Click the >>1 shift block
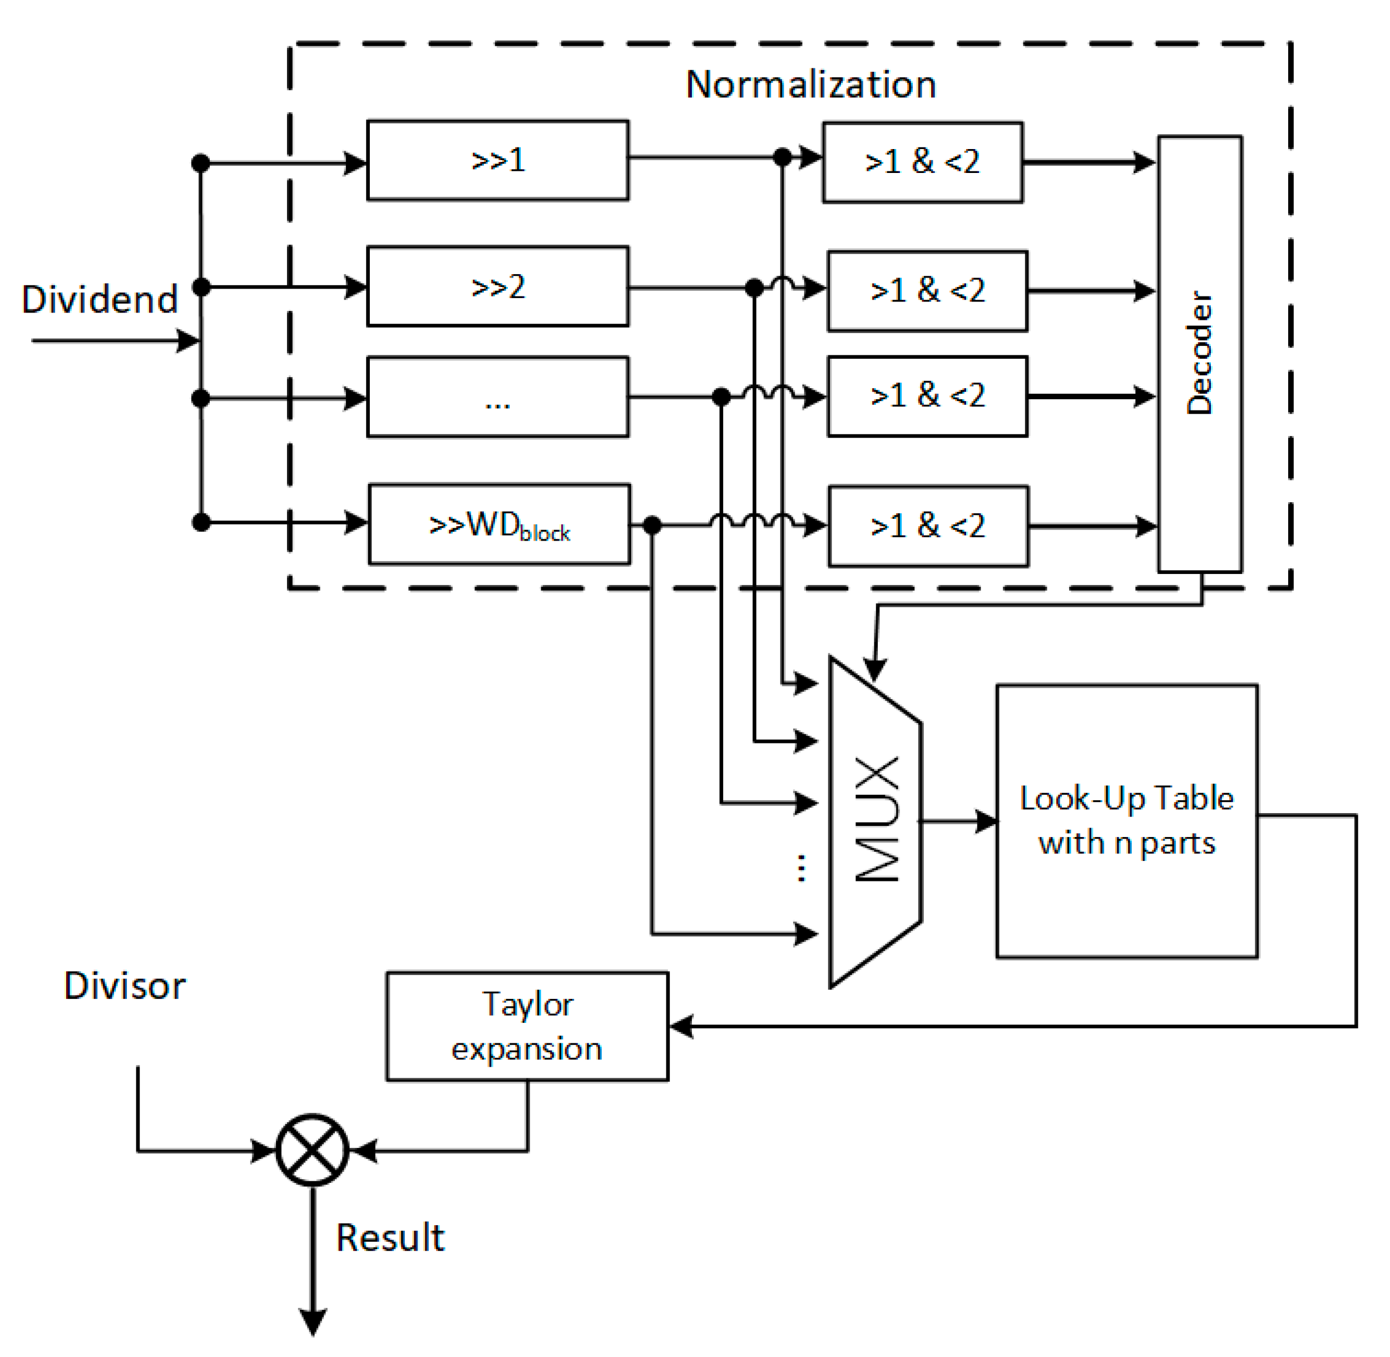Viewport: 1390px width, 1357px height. (498, 160)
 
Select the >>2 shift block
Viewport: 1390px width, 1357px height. (498, 286)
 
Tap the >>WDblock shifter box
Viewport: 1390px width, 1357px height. (499, 525)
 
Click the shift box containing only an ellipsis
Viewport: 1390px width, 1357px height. (498, 397)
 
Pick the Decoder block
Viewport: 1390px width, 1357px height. (1200, 354)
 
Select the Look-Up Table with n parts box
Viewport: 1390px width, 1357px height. (1126, 821)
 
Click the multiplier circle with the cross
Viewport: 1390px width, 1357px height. (312, 1150)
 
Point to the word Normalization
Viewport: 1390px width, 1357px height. (810, 85)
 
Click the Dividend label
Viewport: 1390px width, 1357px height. (100, 299)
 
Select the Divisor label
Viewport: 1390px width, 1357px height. (125, 987)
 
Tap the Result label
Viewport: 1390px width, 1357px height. (390, 1238)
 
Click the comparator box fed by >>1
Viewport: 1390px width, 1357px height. (922, 162)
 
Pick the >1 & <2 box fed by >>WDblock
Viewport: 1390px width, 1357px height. (928, 527)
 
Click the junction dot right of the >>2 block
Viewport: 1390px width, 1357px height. (754, 288)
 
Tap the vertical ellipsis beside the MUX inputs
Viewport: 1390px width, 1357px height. (801, 868)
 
